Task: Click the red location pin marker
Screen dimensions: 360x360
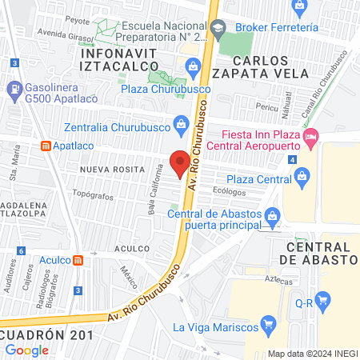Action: pyautogui.click(x=181, y=162)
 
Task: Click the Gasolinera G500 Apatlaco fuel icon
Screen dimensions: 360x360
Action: pyautogui.click(x=13, y=87)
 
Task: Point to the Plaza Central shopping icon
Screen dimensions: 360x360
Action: pyautogui.click(x=302, y=180)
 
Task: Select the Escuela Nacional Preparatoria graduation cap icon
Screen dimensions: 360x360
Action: pyautogui.click(x=217, y=30)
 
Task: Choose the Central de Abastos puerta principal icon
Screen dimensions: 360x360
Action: pyautogui.click(x=272, y=216)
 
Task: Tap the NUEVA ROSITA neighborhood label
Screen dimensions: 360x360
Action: pyautogui.click(x=112, y=170)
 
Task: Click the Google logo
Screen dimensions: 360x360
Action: pyautogui.click(x=26, y=350)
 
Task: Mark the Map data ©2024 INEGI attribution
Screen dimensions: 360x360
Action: pyautogui.click(x=312, y=354)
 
